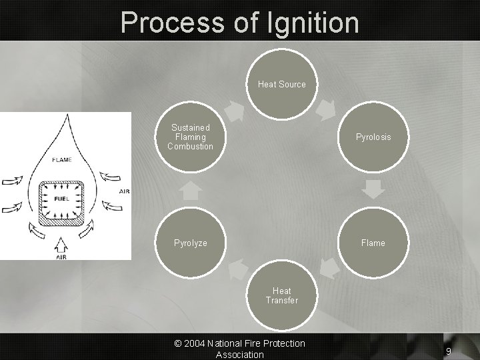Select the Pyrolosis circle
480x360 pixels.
click(x=373, y=137)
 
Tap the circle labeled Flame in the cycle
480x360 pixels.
click(x=373, y=243)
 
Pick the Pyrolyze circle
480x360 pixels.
click(x=191, y=243)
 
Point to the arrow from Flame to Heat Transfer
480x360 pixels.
click(x=327, y=268)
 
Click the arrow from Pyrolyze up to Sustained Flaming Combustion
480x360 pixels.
click(x=191, y=190)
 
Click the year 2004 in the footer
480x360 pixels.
click(x=195, y=343)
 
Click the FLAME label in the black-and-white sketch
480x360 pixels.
click(x=63, y=159)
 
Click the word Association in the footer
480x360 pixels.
click(x=239, y=355)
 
